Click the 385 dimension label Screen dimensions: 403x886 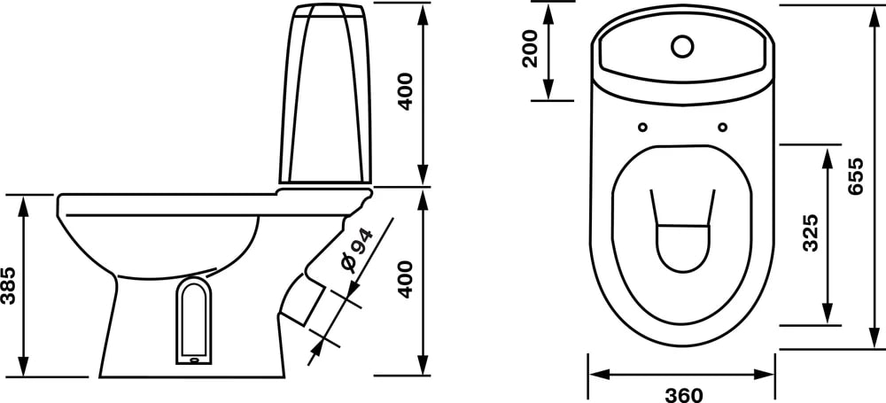pyautogui.click(x=9, y=285)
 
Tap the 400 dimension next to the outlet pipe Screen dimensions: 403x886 pyautogui.click(x=406, y=279)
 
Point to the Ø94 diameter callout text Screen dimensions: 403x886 pyautogui.click(x=354, y=250)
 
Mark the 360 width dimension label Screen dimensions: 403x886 pyautogui.click(x=682, y=394)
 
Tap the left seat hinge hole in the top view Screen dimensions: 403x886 pyautogui.click(x=642, y=125)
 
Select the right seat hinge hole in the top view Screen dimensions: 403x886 pyautogui.click(x=723, y=125)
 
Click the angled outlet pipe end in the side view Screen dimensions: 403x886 pyautogui.click(x=300, y=306)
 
